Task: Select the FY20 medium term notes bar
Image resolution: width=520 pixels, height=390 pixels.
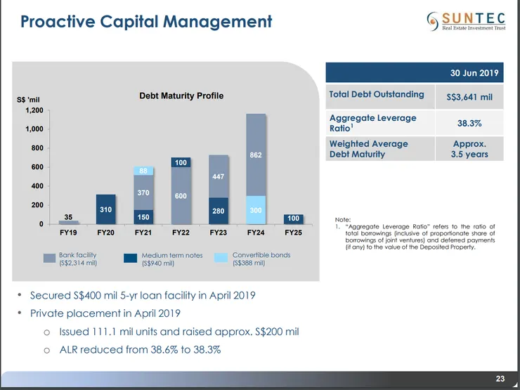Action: [105, 209]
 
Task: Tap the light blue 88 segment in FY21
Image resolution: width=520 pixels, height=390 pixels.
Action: [143, 171]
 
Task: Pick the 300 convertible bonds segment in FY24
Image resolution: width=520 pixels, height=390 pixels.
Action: [256, 209]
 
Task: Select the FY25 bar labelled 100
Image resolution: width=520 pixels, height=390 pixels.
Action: [294, 219]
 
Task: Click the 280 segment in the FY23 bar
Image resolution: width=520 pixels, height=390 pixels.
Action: [219, 210]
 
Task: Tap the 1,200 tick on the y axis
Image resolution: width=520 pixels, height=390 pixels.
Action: [34, 110]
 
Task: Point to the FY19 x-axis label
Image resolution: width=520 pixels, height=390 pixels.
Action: [68, 231]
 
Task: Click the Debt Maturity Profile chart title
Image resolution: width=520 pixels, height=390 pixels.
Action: [181, 96]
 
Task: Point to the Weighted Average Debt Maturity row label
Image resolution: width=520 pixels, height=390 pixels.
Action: [369, 148]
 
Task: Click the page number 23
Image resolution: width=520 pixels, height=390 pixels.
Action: [500, 379]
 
